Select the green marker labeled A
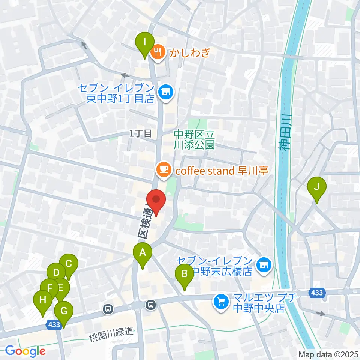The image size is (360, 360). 142,253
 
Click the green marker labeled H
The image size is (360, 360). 42,301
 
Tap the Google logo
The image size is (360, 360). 25,351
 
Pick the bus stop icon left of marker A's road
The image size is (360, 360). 108,309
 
